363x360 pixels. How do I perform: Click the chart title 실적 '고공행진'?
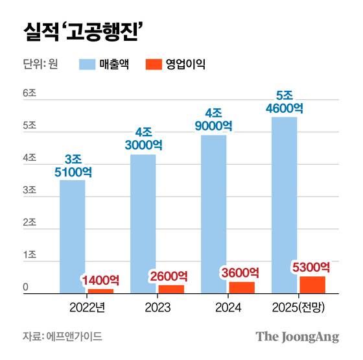coord(83,31)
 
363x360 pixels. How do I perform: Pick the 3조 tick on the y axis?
coord(29,191)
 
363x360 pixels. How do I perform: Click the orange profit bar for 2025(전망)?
coord(312,285)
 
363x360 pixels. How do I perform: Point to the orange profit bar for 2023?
coord(171,289)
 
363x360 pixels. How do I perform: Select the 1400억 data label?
coord(100,280)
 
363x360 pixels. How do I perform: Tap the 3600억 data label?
coord(242,272)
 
